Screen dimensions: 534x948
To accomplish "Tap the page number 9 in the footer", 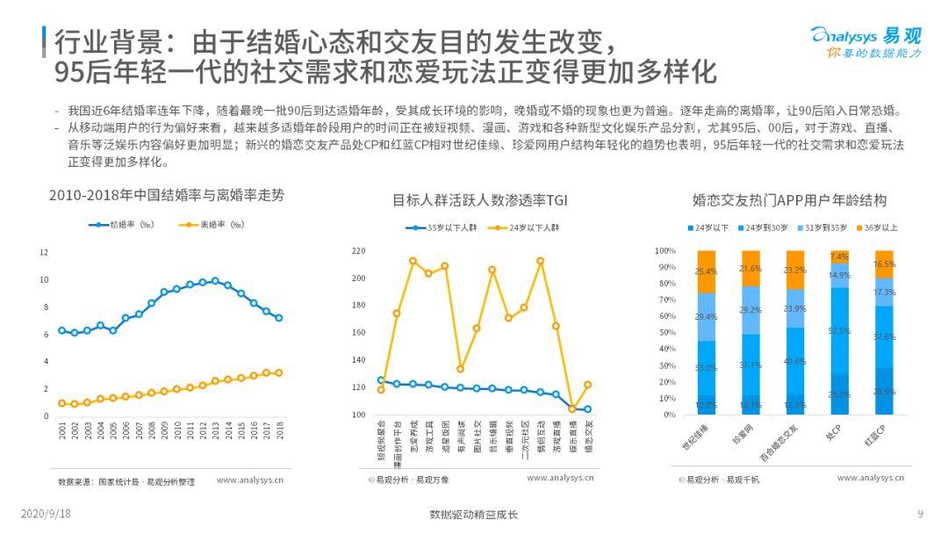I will [920, 515].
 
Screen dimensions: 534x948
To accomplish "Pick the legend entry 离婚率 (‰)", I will [211, 226].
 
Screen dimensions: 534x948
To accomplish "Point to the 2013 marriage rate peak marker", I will [215, 281].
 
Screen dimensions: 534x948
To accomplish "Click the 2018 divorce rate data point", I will [279, 372].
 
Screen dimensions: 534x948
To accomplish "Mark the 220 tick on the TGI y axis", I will [357, 251].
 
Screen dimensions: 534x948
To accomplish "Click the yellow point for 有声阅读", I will [460, 369].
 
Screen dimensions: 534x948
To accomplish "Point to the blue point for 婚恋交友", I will [587, 409].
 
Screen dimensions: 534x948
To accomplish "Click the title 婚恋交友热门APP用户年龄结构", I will [789, 200].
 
